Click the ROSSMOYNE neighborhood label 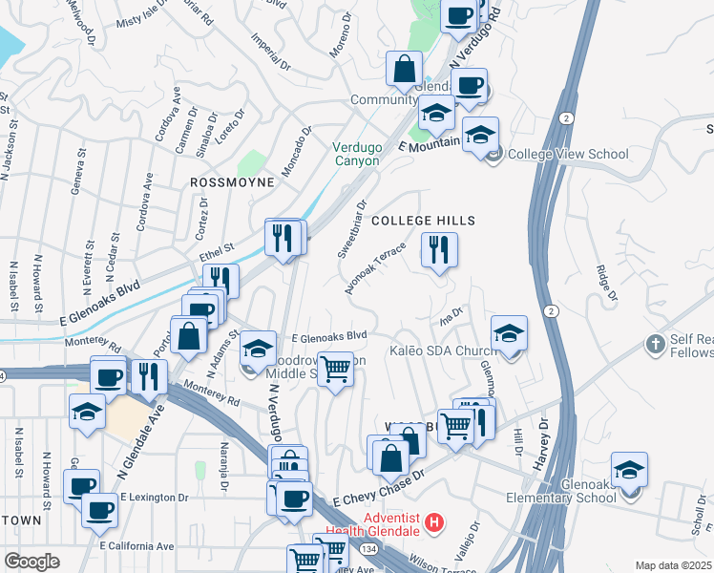[x=232, y=181]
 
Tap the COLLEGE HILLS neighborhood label [x=423, y=221]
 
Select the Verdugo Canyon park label [x=356, y=154]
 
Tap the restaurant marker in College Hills [x=439, y=251]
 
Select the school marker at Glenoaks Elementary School [x=630, y=472]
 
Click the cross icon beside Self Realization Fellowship [x=656, y=343]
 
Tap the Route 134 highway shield [x=367, y=548]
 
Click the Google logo [x=31, y=562]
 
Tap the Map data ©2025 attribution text [x=673, y=565]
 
